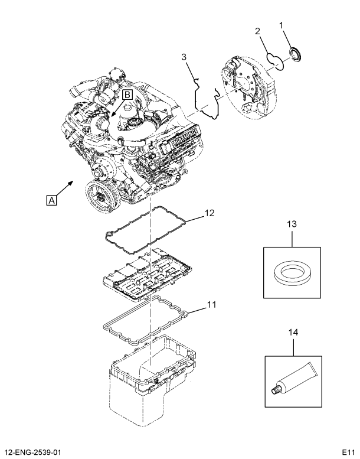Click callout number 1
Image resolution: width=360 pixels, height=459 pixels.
coord(282,26)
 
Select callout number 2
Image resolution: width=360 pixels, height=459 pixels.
coord(258,31)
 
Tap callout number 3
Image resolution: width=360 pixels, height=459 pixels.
coord(184,57)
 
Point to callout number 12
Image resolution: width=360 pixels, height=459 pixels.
coord(210,213)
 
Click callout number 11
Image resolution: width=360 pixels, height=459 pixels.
coord(211,304)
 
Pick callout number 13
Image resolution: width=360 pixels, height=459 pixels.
coord(292,224)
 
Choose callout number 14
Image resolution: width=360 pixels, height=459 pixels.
coord(293,332)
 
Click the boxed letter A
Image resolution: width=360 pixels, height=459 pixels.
coord(51,200)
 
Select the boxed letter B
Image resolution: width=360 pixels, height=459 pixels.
coord(127,95)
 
